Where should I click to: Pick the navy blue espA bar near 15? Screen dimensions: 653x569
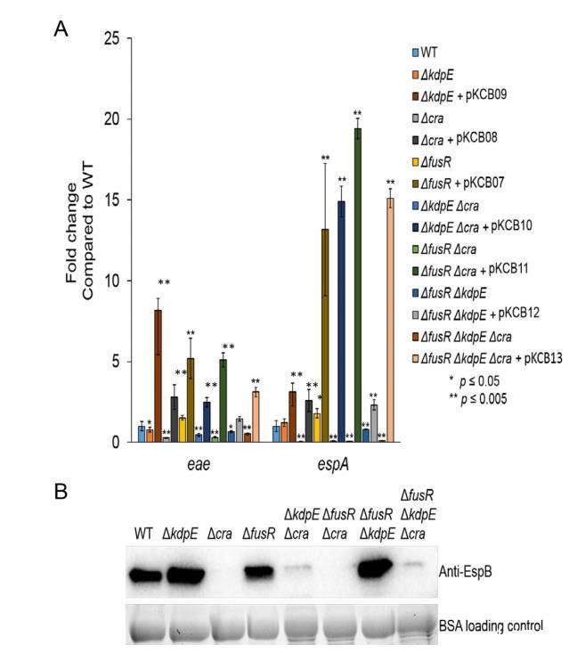(340, 321)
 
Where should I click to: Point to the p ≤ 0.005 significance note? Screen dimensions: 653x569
(482, 399)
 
